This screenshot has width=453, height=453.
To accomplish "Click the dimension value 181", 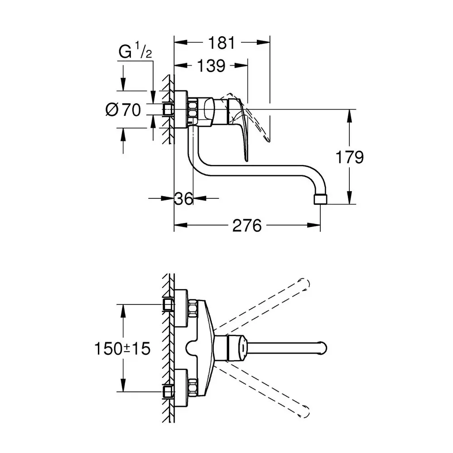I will coord(222,43).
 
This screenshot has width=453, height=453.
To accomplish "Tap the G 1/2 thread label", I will coord(135,52).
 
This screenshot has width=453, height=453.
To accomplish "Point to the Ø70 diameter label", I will coord(123,110).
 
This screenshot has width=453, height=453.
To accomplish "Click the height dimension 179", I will coord(349,157).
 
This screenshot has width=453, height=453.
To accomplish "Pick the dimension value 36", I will coord(184,198).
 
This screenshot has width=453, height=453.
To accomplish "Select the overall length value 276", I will coord(247,225).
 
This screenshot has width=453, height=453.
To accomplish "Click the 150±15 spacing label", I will coord(122,348).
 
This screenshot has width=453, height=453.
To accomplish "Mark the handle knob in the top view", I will coord(237,348).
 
